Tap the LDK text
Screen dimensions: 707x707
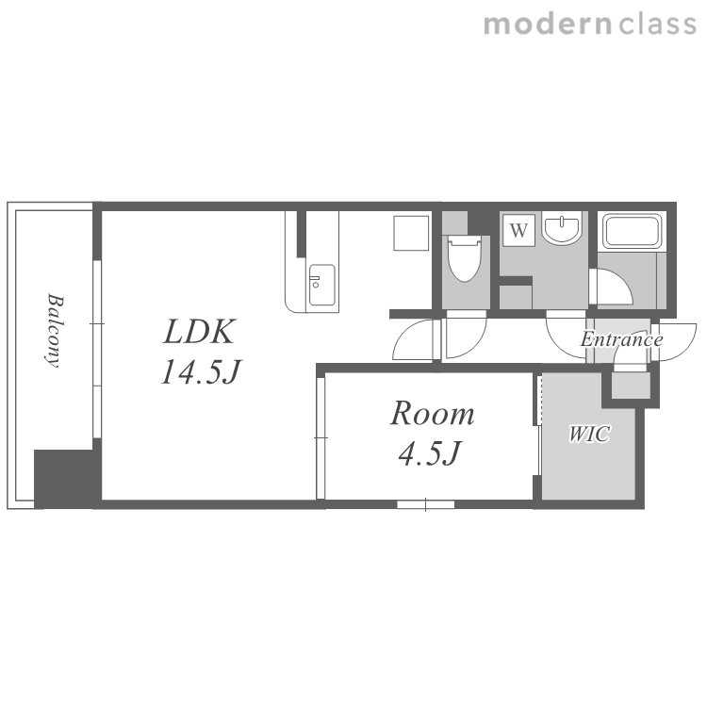199,332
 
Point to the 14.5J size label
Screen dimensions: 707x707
201,372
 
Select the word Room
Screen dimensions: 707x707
432,414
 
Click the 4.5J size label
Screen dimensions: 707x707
430,453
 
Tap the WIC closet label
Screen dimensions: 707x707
589,434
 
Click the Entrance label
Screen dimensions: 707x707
621,339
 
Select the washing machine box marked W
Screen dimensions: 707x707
519,230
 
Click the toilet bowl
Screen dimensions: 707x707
465,260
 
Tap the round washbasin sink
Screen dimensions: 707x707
562,229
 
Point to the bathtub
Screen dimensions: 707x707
632,230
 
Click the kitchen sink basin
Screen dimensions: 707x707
322,285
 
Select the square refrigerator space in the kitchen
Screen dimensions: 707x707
411,233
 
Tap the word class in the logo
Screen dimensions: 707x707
657,25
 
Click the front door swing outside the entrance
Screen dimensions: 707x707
674,341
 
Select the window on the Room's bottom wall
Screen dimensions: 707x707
425,504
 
